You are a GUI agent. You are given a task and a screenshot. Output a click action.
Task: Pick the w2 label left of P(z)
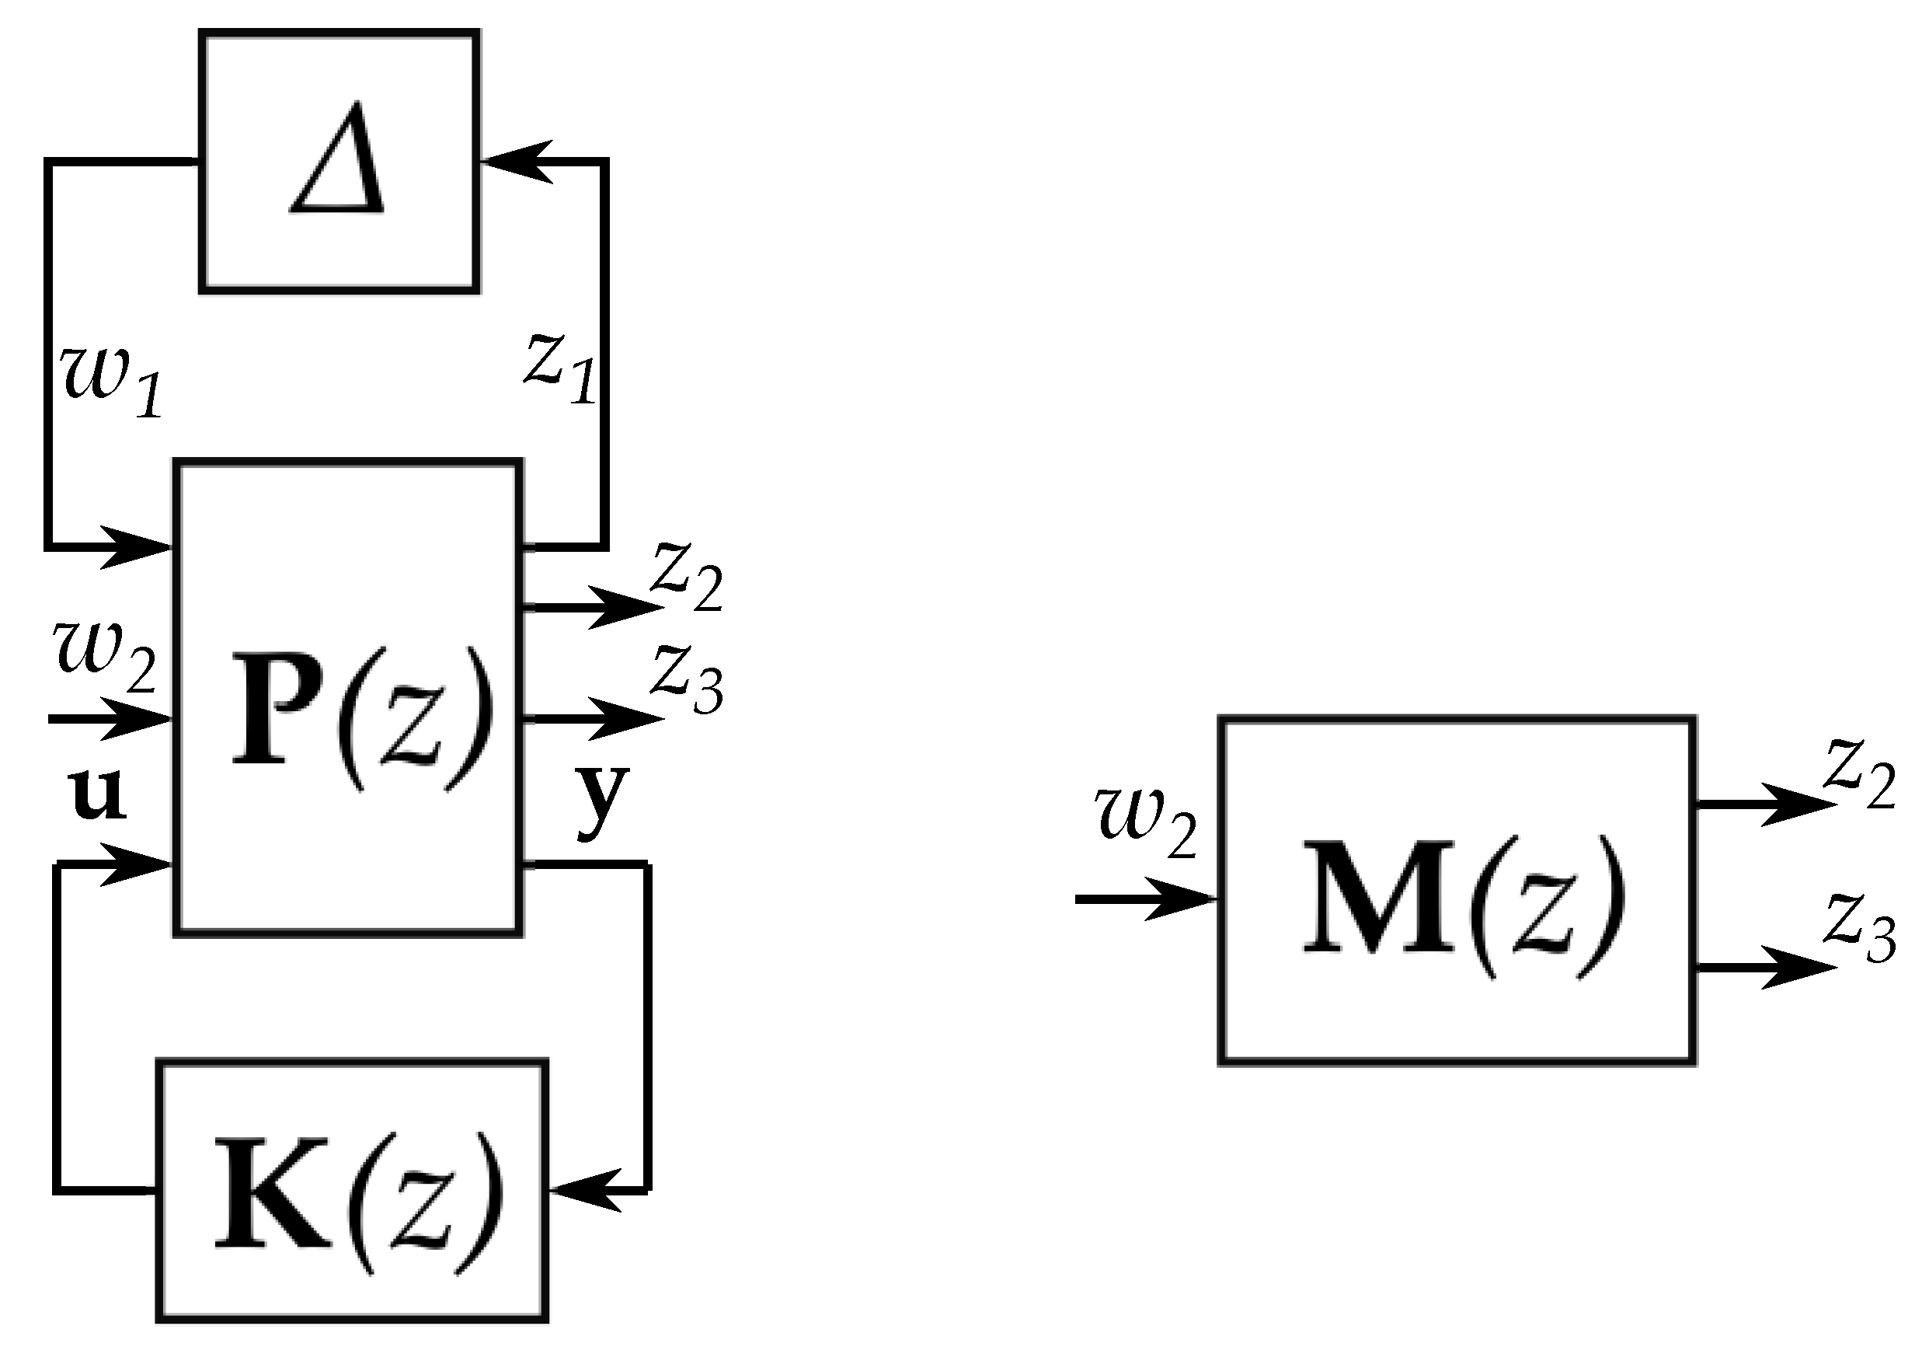[106, 655]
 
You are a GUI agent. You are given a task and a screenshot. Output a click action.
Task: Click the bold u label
[97, 794]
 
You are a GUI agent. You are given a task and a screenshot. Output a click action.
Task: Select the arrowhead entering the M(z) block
[1180, 899]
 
